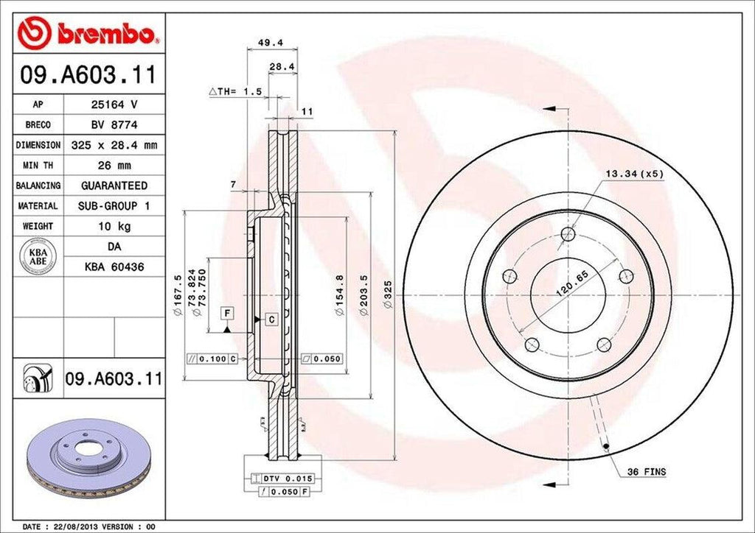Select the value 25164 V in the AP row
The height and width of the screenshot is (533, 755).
(x=114, y=105)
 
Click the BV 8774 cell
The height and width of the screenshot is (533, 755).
(x=114, y=125)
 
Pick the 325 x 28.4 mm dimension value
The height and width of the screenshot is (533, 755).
(x=114, y=146)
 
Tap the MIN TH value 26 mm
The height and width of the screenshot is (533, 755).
(x=114, y=166)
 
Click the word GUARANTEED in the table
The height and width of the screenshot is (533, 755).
(x=114, y=186)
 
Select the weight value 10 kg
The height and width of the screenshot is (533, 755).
(x=114, y=226)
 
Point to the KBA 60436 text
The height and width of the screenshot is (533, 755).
(x=114, y=266)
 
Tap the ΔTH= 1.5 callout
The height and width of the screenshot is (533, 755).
(x=236, y=91)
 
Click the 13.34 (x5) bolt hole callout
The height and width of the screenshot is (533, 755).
(x=633, y=174)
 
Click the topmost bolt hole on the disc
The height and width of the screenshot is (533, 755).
(x=567, y=234)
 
